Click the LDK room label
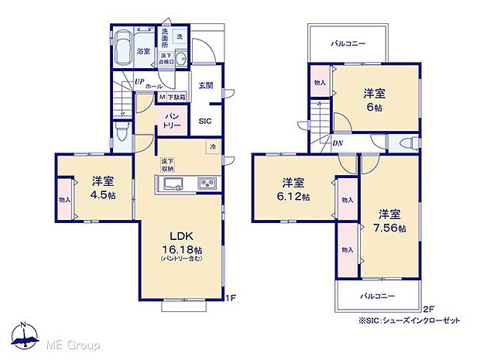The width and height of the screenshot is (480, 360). [x=180, y=236]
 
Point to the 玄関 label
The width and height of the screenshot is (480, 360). [x=204, y=86]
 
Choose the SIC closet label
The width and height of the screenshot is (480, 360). [x=204, y=121]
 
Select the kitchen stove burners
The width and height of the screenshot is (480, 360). [x=207, y=183]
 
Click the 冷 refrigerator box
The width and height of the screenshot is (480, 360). [x=211, y=146]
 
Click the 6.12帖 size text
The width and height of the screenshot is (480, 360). [x=294, y=197]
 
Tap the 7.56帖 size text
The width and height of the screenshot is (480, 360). [x=391, y=227]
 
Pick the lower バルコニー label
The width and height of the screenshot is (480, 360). [x=377, y=297]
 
